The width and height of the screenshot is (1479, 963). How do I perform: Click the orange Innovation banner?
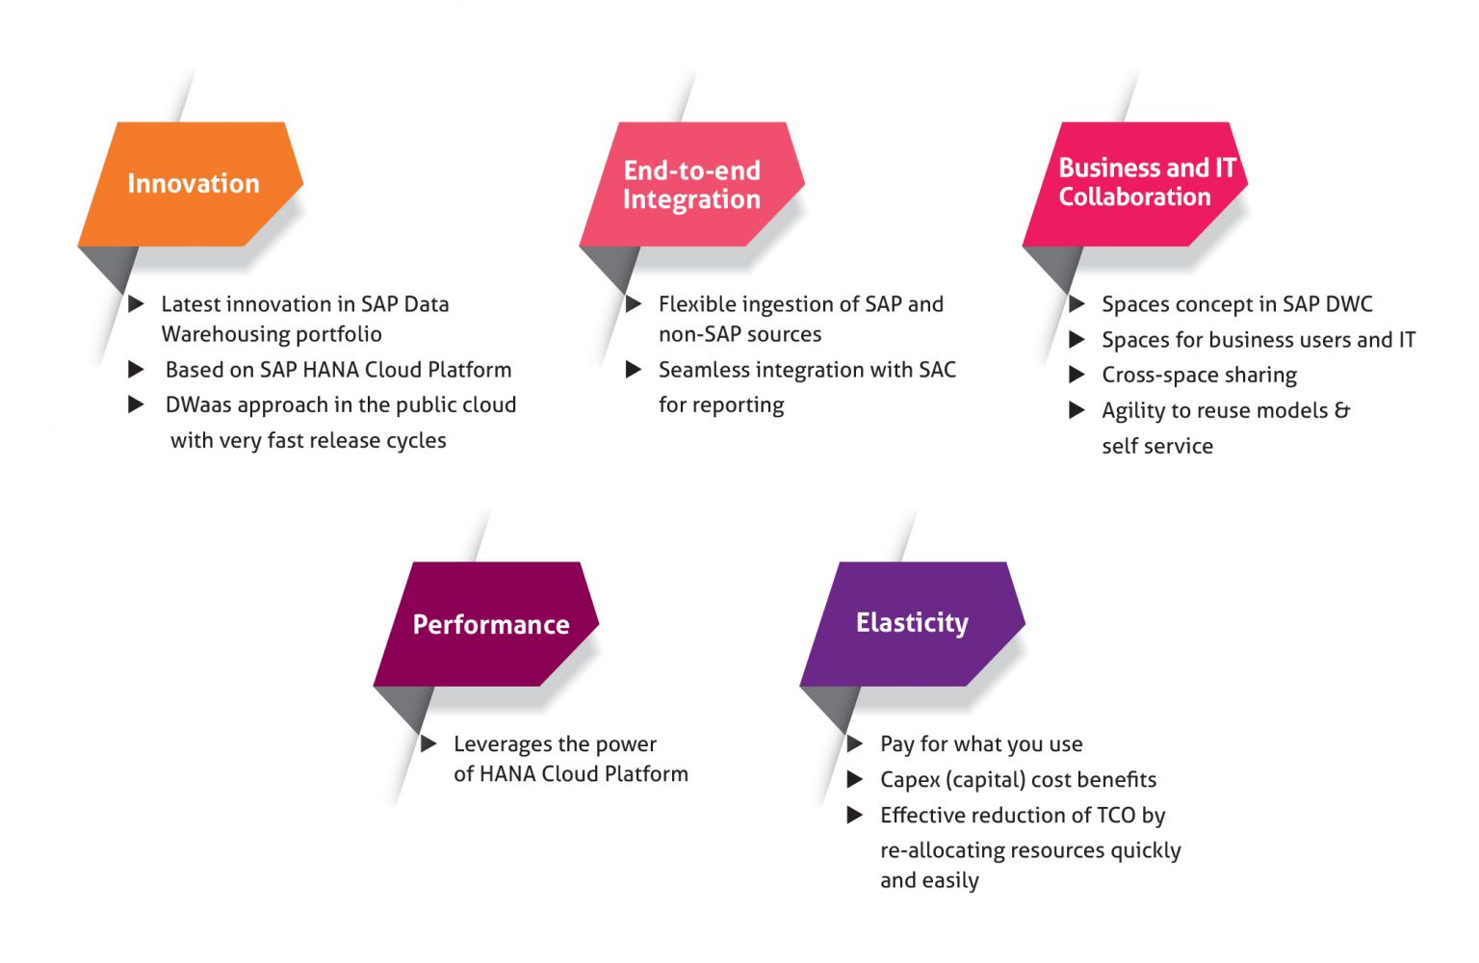click(193, 184)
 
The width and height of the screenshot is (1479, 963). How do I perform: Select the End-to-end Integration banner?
click(691, 184)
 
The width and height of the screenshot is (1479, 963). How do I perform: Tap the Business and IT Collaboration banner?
click(1136, 182)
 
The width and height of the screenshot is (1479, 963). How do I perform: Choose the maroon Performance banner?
click(490, 624)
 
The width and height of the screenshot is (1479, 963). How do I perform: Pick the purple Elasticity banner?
click(912, 623)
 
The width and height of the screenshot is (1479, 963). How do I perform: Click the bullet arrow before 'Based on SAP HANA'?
click(137, 370)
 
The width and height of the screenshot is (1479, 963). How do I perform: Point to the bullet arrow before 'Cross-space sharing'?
click(1077, 375)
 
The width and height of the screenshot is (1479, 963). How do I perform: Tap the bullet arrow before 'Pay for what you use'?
click(855, 743)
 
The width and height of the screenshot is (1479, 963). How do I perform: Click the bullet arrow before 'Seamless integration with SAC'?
click(634, 370)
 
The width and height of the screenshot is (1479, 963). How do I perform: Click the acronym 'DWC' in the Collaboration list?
click(1348, 304)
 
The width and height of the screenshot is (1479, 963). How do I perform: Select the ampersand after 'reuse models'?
click(1341, 410)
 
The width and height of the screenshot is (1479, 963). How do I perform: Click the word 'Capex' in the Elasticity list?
click(910, 780)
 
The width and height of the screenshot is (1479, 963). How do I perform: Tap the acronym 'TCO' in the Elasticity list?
click(1116, 816)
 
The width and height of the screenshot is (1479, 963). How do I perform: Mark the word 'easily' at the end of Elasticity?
click(953, 881)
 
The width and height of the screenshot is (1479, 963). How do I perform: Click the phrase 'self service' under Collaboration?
click(1156, 446)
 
